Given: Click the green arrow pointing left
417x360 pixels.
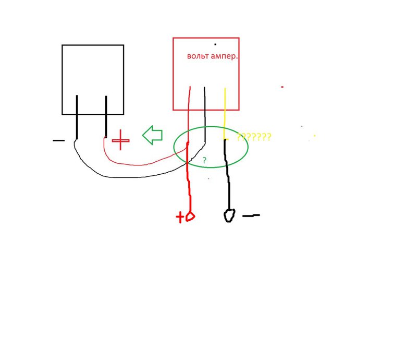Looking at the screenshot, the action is point(152,135).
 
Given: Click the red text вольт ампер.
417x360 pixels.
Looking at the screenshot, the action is point(212,56).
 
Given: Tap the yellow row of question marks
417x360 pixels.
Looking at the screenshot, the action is point(254,137).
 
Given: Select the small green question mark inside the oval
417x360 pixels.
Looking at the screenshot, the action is point(204,160).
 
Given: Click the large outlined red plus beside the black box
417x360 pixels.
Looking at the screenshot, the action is point(120,140).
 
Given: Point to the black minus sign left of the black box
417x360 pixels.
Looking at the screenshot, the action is point(58,140).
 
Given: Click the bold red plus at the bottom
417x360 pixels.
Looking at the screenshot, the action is point(180,217).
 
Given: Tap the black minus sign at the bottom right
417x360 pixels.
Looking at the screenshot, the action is point(251,215).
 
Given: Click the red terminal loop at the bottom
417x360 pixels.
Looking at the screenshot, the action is point(190,217).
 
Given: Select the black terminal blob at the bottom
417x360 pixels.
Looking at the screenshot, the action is point(229,215).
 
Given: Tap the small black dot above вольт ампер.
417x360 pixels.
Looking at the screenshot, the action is point(215,44).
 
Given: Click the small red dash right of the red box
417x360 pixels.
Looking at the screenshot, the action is point(282,87).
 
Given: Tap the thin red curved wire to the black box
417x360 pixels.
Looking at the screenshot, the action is point(138,165).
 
